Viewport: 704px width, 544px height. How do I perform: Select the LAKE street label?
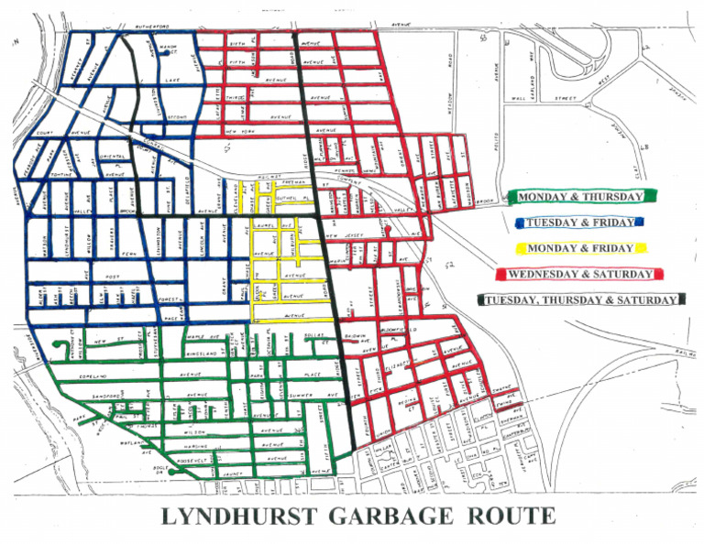coord(173,81)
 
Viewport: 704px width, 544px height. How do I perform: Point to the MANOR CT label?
coord(167,46)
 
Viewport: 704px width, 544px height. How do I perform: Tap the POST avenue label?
coord(113,275)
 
